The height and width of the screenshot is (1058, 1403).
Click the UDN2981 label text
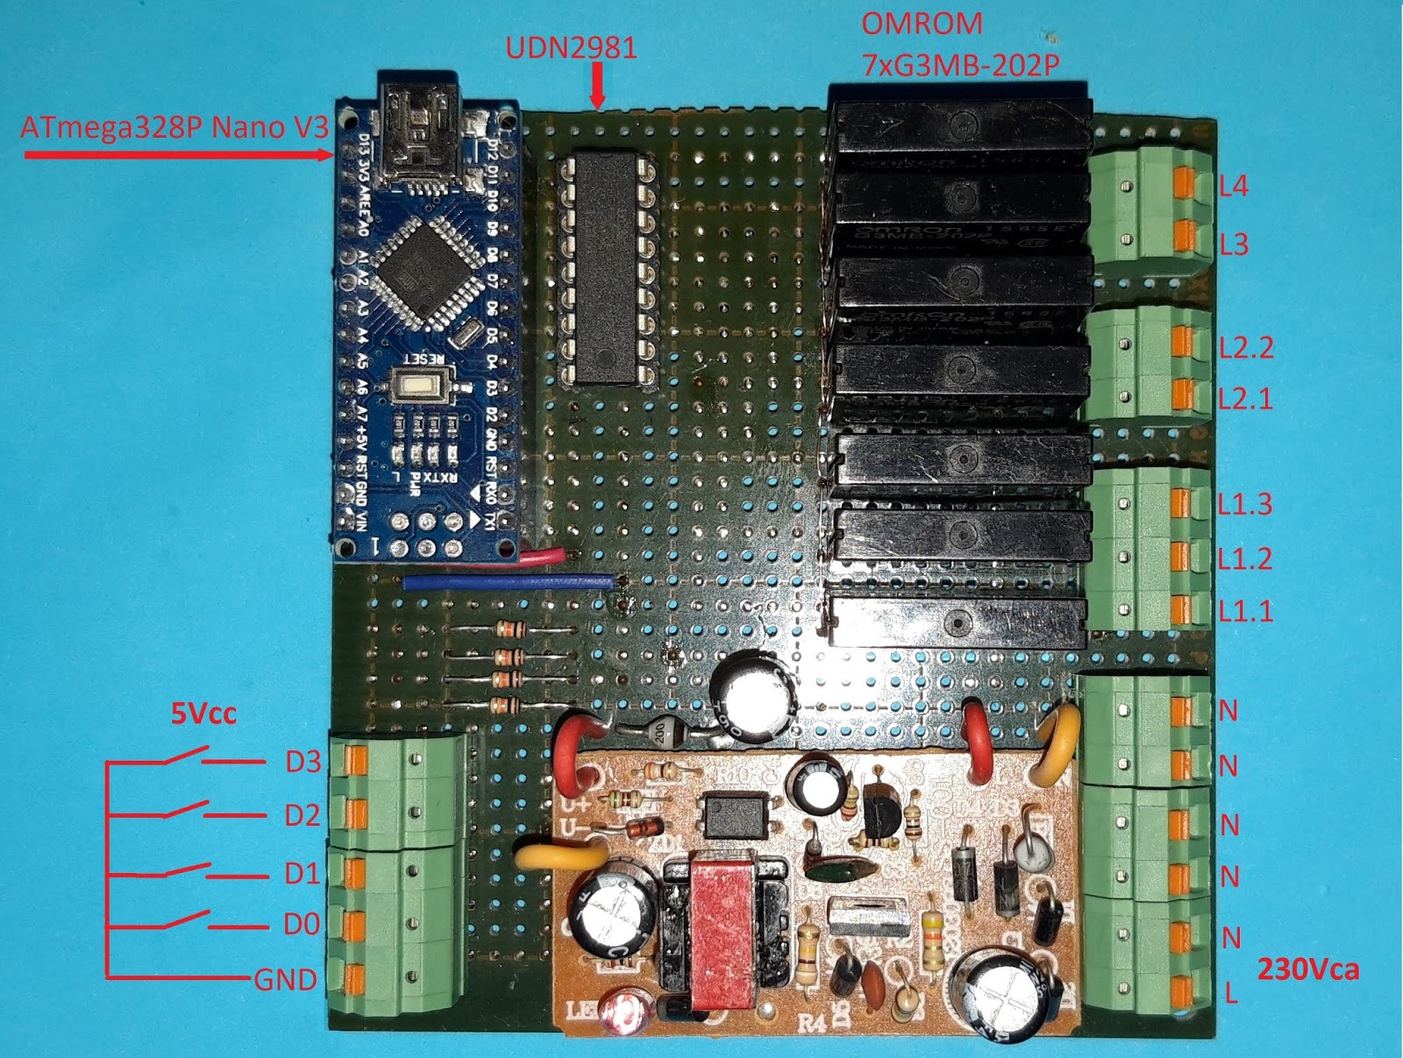571,47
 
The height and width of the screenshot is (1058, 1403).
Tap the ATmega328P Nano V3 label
174,128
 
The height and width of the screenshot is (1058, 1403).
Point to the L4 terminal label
1233,186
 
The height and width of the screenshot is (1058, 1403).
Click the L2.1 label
1245,399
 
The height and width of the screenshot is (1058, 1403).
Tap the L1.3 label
1244,504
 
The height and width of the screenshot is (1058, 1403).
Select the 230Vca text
1308,969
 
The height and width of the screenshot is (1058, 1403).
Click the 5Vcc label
203,714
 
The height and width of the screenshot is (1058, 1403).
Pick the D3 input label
303,762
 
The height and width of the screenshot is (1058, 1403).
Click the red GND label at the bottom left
285,979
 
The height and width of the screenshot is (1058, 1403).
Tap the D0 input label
302,924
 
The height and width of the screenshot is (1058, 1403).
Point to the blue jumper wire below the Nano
509,581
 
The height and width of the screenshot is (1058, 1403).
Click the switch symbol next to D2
186,809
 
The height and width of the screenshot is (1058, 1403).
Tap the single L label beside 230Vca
1231,994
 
